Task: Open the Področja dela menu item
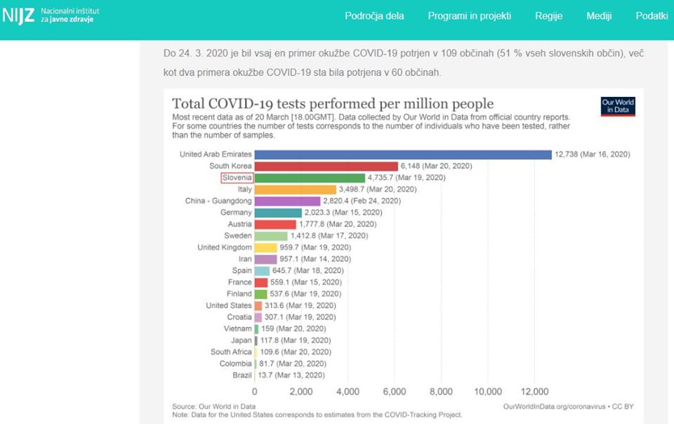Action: pos(374,16)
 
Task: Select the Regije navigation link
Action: pos(548,16)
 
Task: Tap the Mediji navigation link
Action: pos(599,16)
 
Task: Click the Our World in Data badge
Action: pos(618,107)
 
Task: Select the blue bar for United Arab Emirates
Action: pos(403,154)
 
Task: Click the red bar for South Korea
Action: pos(326,166)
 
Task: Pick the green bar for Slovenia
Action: pos(310,178)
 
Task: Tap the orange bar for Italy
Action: pos(296,190)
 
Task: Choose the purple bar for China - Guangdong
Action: pos(287,201)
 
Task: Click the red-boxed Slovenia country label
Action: pos(237,178)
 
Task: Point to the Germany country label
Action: pos(236,213)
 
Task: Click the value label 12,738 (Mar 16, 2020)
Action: pos(593,154)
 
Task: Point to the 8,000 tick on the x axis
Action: pos(441,392)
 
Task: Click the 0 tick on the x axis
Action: pos(254,392)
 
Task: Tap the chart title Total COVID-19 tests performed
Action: pos(333,104)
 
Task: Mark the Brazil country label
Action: pos(242,375)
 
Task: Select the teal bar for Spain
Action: pos(262,271)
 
